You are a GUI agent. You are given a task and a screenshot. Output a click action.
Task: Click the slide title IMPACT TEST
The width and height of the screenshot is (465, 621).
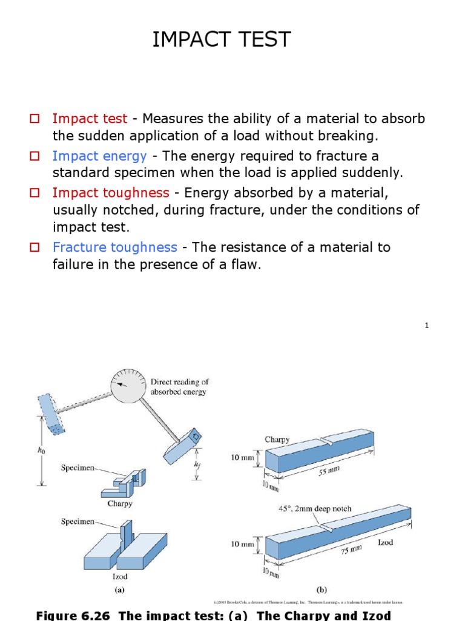pos(222,40)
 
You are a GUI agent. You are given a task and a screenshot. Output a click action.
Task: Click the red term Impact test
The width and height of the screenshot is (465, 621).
pos(90,119)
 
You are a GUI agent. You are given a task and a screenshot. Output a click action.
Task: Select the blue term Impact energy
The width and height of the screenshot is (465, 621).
pos(99,156)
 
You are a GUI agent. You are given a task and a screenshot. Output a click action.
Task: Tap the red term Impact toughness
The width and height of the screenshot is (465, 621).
pos(111,193)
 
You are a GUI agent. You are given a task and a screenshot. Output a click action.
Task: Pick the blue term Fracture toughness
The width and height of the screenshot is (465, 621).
pos(114,247)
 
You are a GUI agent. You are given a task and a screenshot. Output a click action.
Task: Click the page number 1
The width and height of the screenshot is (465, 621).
pos(426,326)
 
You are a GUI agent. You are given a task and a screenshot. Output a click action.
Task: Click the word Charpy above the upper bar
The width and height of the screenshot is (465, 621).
pos(277,440)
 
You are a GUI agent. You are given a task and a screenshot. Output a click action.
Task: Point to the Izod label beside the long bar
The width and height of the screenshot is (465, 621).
pos(385,543)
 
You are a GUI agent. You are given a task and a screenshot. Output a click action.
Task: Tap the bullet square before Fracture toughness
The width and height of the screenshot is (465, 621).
pos(35,247)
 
